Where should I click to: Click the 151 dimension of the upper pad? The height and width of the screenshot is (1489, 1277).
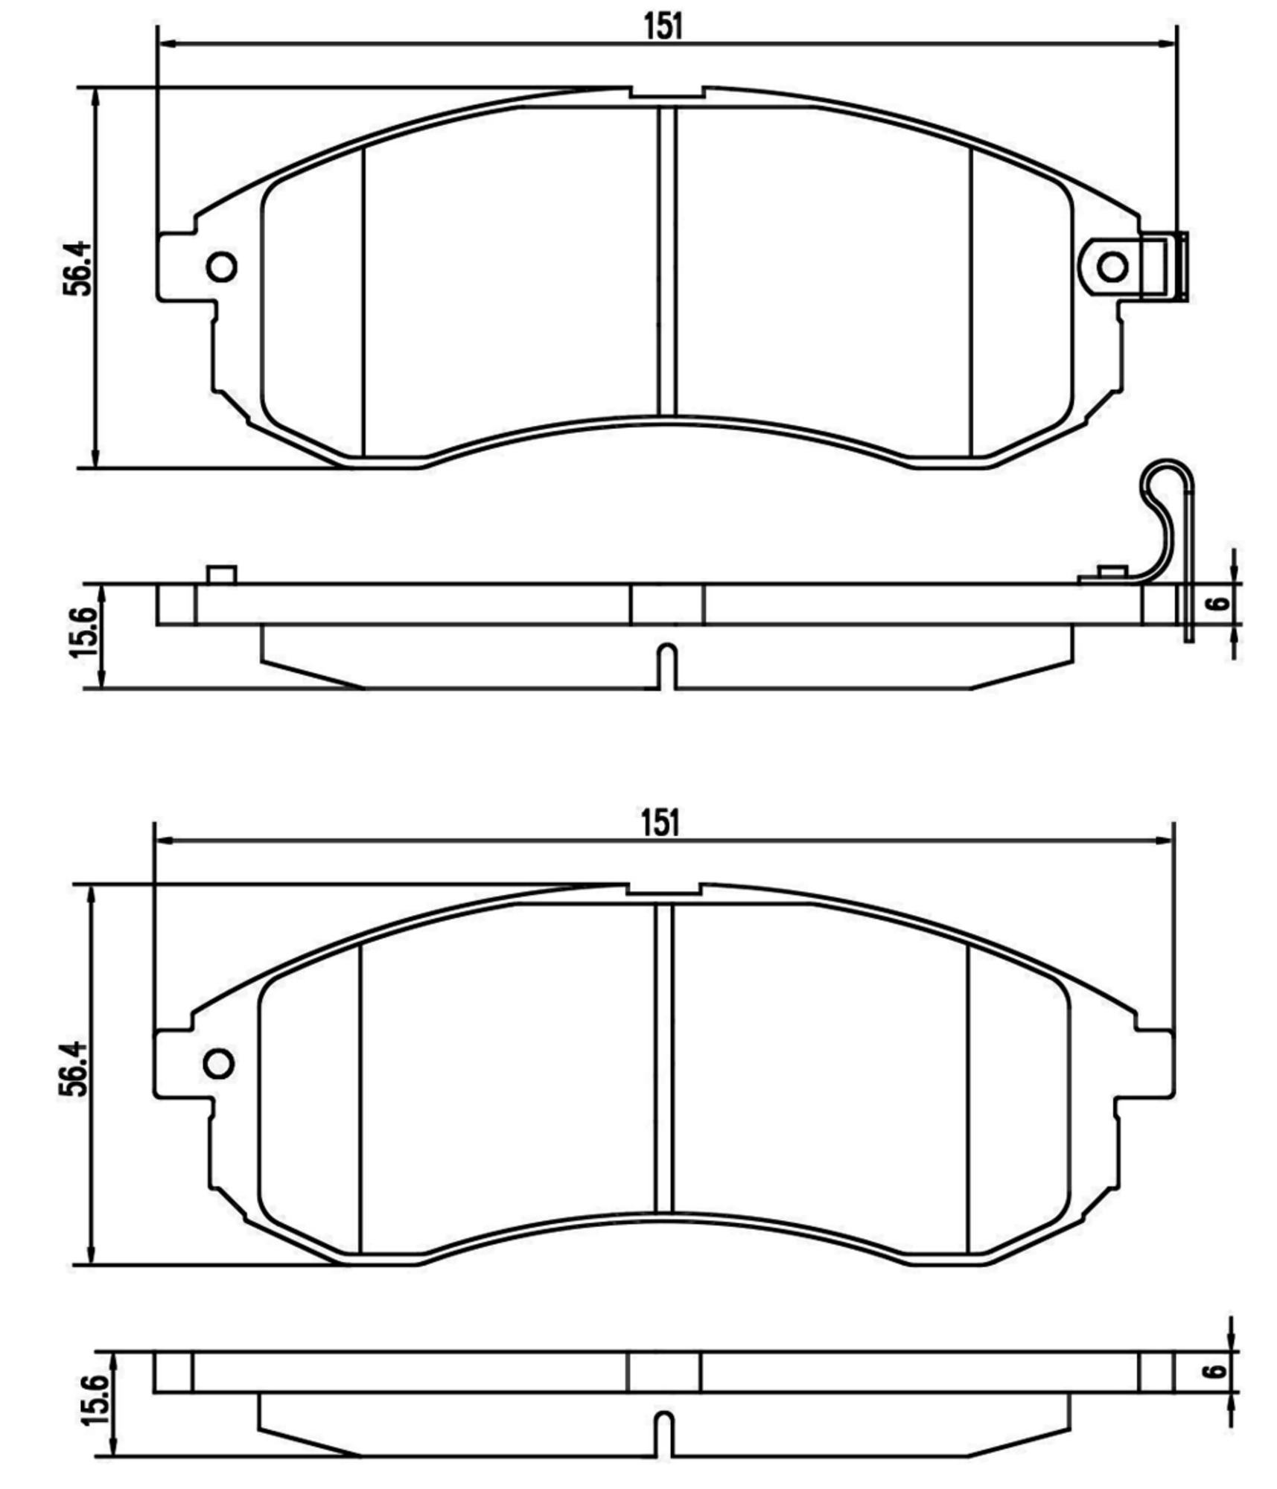662,27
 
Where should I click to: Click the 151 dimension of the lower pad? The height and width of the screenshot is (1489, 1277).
660,823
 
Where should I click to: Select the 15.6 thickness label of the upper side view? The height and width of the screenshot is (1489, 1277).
83,632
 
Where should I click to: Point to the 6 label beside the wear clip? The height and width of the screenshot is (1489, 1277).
1219,602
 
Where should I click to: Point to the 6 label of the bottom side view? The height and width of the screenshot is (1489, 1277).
1215,1371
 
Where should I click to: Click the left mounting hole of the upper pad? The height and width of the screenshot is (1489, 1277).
222,267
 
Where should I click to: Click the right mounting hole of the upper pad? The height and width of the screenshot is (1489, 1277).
1112,267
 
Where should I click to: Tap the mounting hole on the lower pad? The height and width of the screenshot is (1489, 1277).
219,1063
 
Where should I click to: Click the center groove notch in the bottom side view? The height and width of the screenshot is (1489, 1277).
664,1433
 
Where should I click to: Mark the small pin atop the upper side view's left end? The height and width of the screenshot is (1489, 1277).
222,575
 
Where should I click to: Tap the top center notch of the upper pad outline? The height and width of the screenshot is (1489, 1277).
667,92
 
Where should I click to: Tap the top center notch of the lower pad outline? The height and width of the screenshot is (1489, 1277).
663,889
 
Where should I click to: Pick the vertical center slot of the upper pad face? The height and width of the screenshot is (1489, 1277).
667,261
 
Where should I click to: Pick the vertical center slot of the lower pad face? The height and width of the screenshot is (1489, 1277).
663,1057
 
